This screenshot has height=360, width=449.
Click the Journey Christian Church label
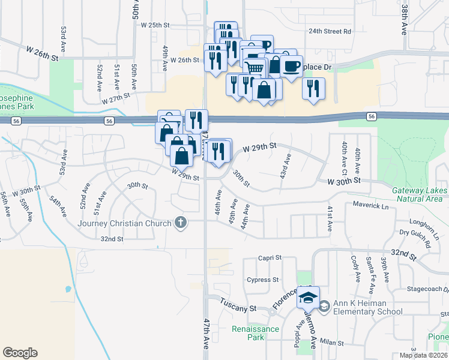tap(125, 224)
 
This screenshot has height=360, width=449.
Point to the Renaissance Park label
tap(256, 332)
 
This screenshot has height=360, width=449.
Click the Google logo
tap(20, 353)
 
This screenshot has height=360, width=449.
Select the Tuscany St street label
tap(238, 307)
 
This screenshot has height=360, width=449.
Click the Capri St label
tap(270, 257)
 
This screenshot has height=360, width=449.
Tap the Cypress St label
tap(263, 280)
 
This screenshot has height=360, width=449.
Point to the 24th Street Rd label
tap(330, 31)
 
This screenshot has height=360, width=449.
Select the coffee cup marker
tap(291, 65)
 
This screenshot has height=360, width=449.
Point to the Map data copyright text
tap(424, 355)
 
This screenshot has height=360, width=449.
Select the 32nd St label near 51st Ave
tap(112, 238)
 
